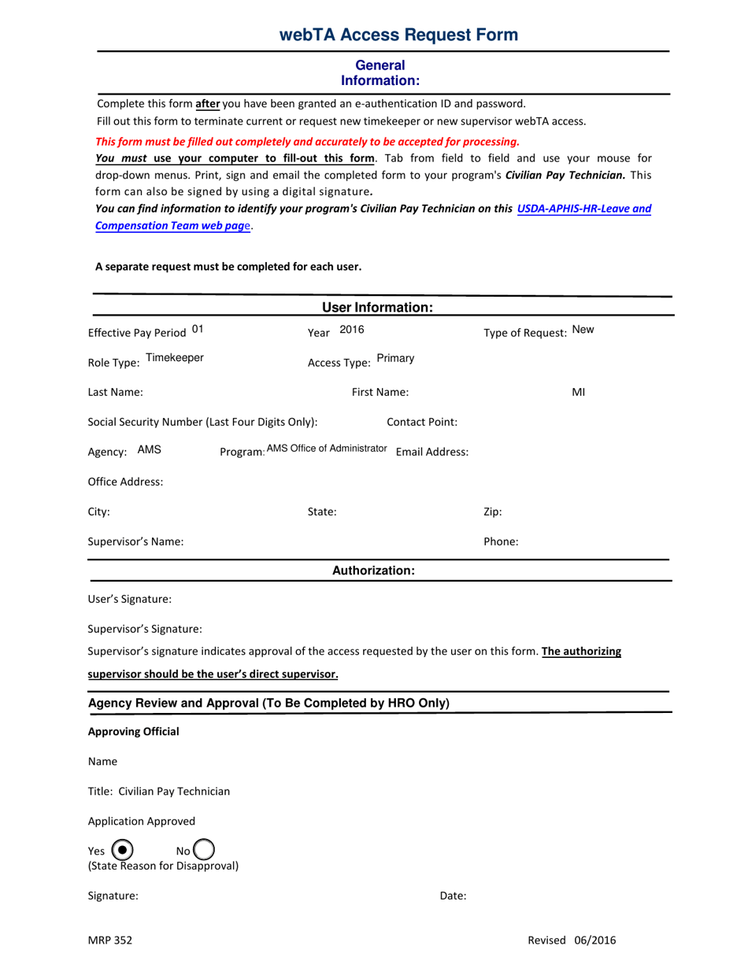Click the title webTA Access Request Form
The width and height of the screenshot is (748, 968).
(398, 35)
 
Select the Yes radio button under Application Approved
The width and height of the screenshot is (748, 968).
(122, 850)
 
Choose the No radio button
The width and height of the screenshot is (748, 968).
(203, 850)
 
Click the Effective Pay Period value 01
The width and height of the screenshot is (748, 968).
(198, 329)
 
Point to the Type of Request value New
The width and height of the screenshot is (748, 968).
(583, 331)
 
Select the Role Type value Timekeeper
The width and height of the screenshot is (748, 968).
(175, 358)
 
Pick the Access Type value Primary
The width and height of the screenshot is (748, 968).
(395, 359)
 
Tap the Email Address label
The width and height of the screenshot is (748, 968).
(432, 452)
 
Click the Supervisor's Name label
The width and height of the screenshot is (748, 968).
(136, 541)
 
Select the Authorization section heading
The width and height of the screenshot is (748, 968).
(373, 571)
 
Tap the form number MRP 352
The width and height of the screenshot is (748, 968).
(110, 940)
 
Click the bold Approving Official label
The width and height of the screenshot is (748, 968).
(134, 732)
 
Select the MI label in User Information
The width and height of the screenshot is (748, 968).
(578, 392)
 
